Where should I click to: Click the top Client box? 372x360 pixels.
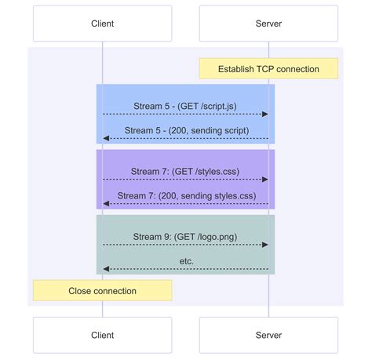[102, 24]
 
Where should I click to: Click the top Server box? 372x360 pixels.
[268, 24]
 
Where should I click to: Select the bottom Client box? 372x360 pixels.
[102, 335]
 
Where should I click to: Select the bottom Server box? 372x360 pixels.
[268, 335]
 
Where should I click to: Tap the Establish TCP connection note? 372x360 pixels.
[268, 69]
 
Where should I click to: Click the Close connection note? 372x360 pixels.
[102, 291]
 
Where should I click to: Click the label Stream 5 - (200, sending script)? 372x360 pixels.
[185, 129]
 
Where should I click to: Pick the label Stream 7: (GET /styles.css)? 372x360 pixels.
[185, 170]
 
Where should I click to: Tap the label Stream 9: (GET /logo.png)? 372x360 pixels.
[185, 235]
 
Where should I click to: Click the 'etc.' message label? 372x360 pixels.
[185, 260]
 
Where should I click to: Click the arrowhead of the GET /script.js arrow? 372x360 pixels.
[265, 115]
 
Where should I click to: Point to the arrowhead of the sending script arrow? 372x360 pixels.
[106, 139]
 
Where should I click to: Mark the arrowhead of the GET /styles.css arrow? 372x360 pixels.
[265, 180]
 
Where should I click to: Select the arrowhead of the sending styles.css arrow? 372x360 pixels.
[106, 204]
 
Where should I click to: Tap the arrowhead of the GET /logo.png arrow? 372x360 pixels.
[265, 245]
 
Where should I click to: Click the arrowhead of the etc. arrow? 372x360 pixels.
[106, 269]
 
